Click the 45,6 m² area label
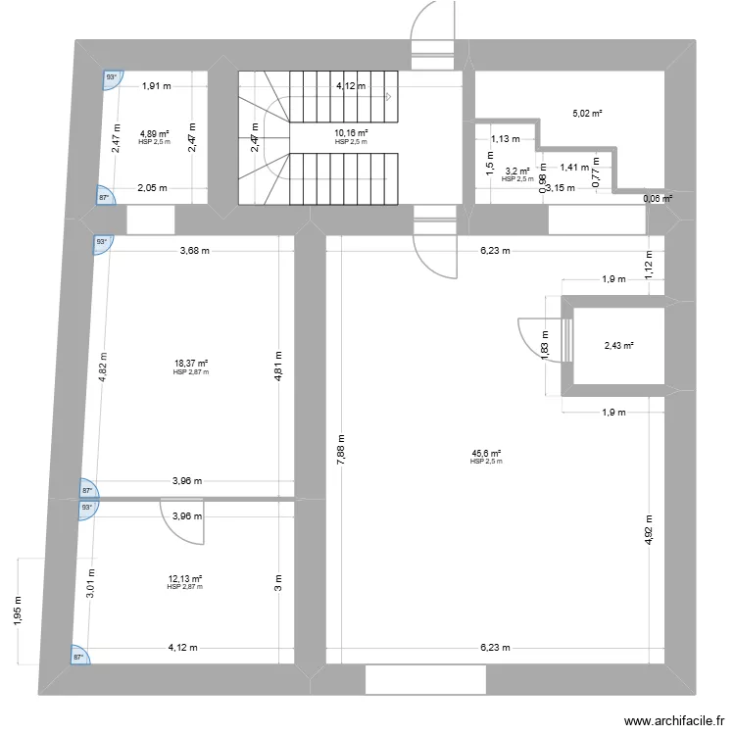(486, 454)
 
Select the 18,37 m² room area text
(192, 364)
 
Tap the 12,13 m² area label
(184, 579)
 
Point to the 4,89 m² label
(154, 133)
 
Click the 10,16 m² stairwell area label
(351, 133)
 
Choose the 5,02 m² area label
(587, 114)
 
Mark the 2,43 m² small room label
(618, 346)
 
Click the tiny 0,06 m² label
(658, 199)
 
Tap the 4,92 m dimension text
(649, 535)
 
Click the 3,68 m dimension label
(195, 251)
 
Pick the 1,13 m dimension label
(506, 139)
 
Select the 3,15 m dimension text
(561, 188)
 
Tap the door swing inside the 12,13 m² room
(185, 520)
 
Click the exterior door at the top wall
(433, 29)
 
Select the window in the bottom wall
(424, 679)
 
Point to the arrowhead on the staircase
(388, 96)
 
